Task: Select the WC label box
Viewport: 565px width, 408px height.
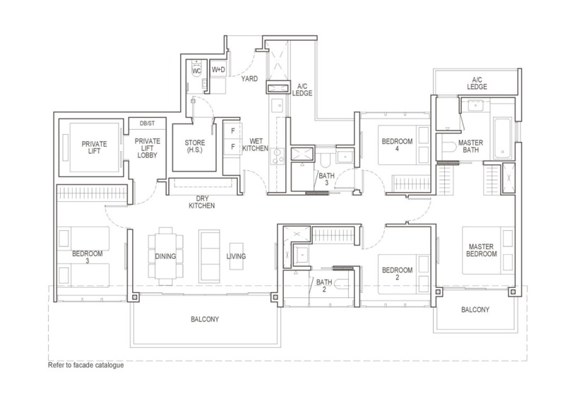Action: point(197,70)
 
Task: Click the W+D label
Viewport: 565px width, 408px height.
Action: point(219,70)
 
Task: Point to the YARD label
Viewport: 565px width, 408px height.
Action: point(249,79)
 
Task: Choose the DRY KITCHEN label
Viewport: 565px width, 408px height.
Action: point(201,202)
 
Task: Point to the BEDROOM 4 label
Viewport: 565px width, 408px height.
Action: point(395,145)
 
